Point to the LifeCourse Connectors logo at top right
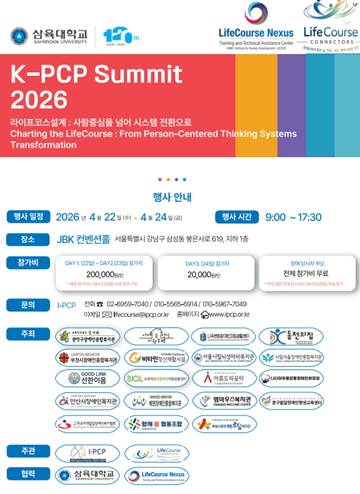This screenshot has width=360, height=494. point(329,38)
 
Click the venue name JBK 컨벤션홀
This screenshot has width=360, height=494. point(83,240)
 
